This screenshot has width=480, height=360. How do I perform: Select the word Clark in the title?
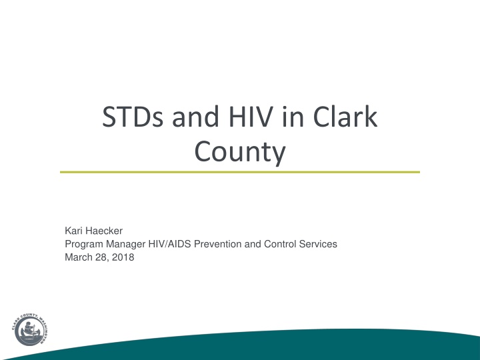[x=345, y=116]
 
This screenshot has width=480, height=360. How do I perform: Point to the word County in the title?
[x=240, y=151]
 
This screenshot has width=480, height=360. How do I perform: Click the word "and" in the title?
[x=195, y=116]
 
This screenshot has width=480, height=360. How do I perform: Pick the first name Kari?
[x=73, y=231]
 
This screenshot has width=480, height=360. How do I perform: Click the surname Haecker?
[x=103, y=231]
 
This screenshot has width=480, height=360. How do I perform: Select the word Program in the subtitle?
[x=84, y=244]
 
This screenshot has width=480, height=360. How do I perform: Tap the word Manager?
[x=126, y=244]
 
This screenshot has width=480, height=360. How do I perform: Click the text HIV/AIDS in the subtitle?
[x=169, y=244]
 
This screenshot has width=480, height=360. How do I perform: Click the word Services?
[x=318, y=244]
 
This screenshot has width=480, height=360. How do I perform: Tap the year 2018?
[x=123, y=257]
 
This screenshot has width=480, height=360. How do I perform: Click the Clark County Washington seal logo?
[x=31, y=330]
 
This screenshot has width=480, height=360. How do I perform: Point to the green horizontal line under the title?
[x=240, y=172]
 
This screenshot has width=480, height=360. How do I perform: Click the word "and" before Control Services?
[x=253, y=244]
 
